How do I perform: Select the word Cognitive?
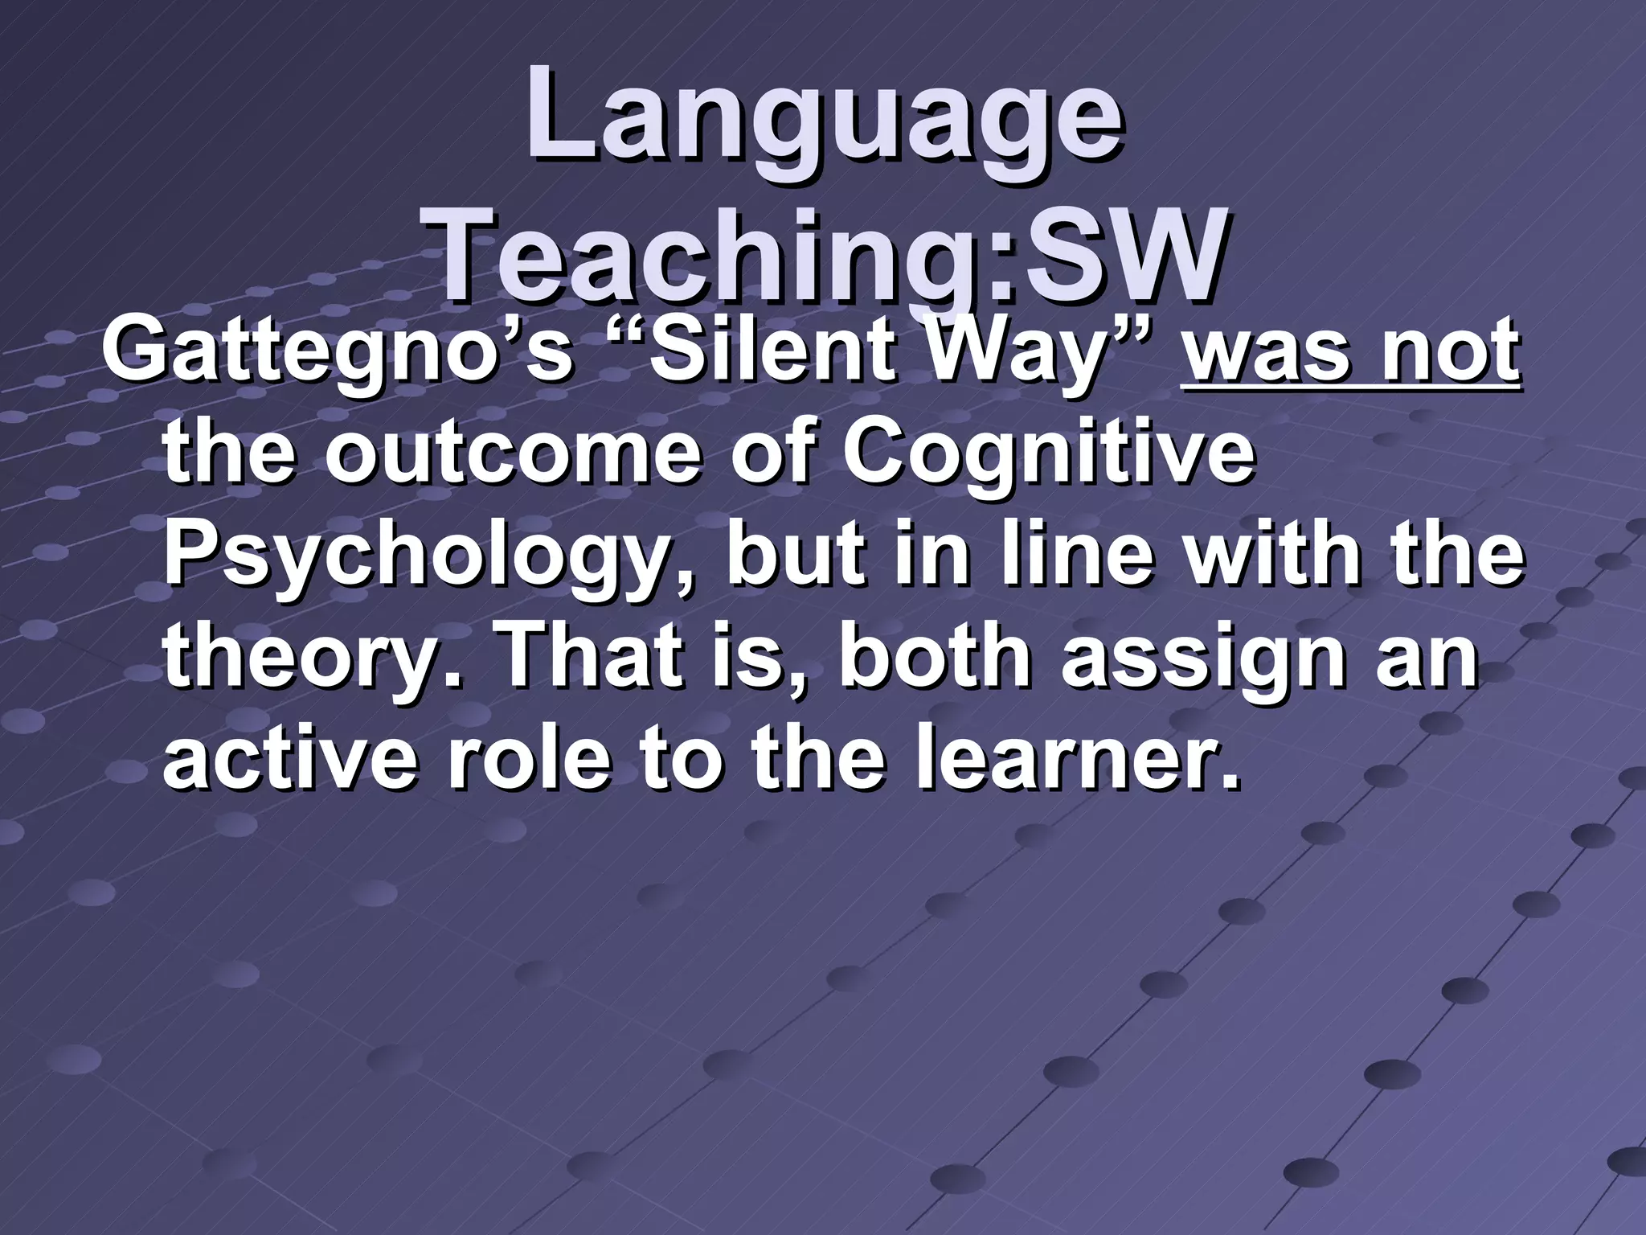click(1048, 455)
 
